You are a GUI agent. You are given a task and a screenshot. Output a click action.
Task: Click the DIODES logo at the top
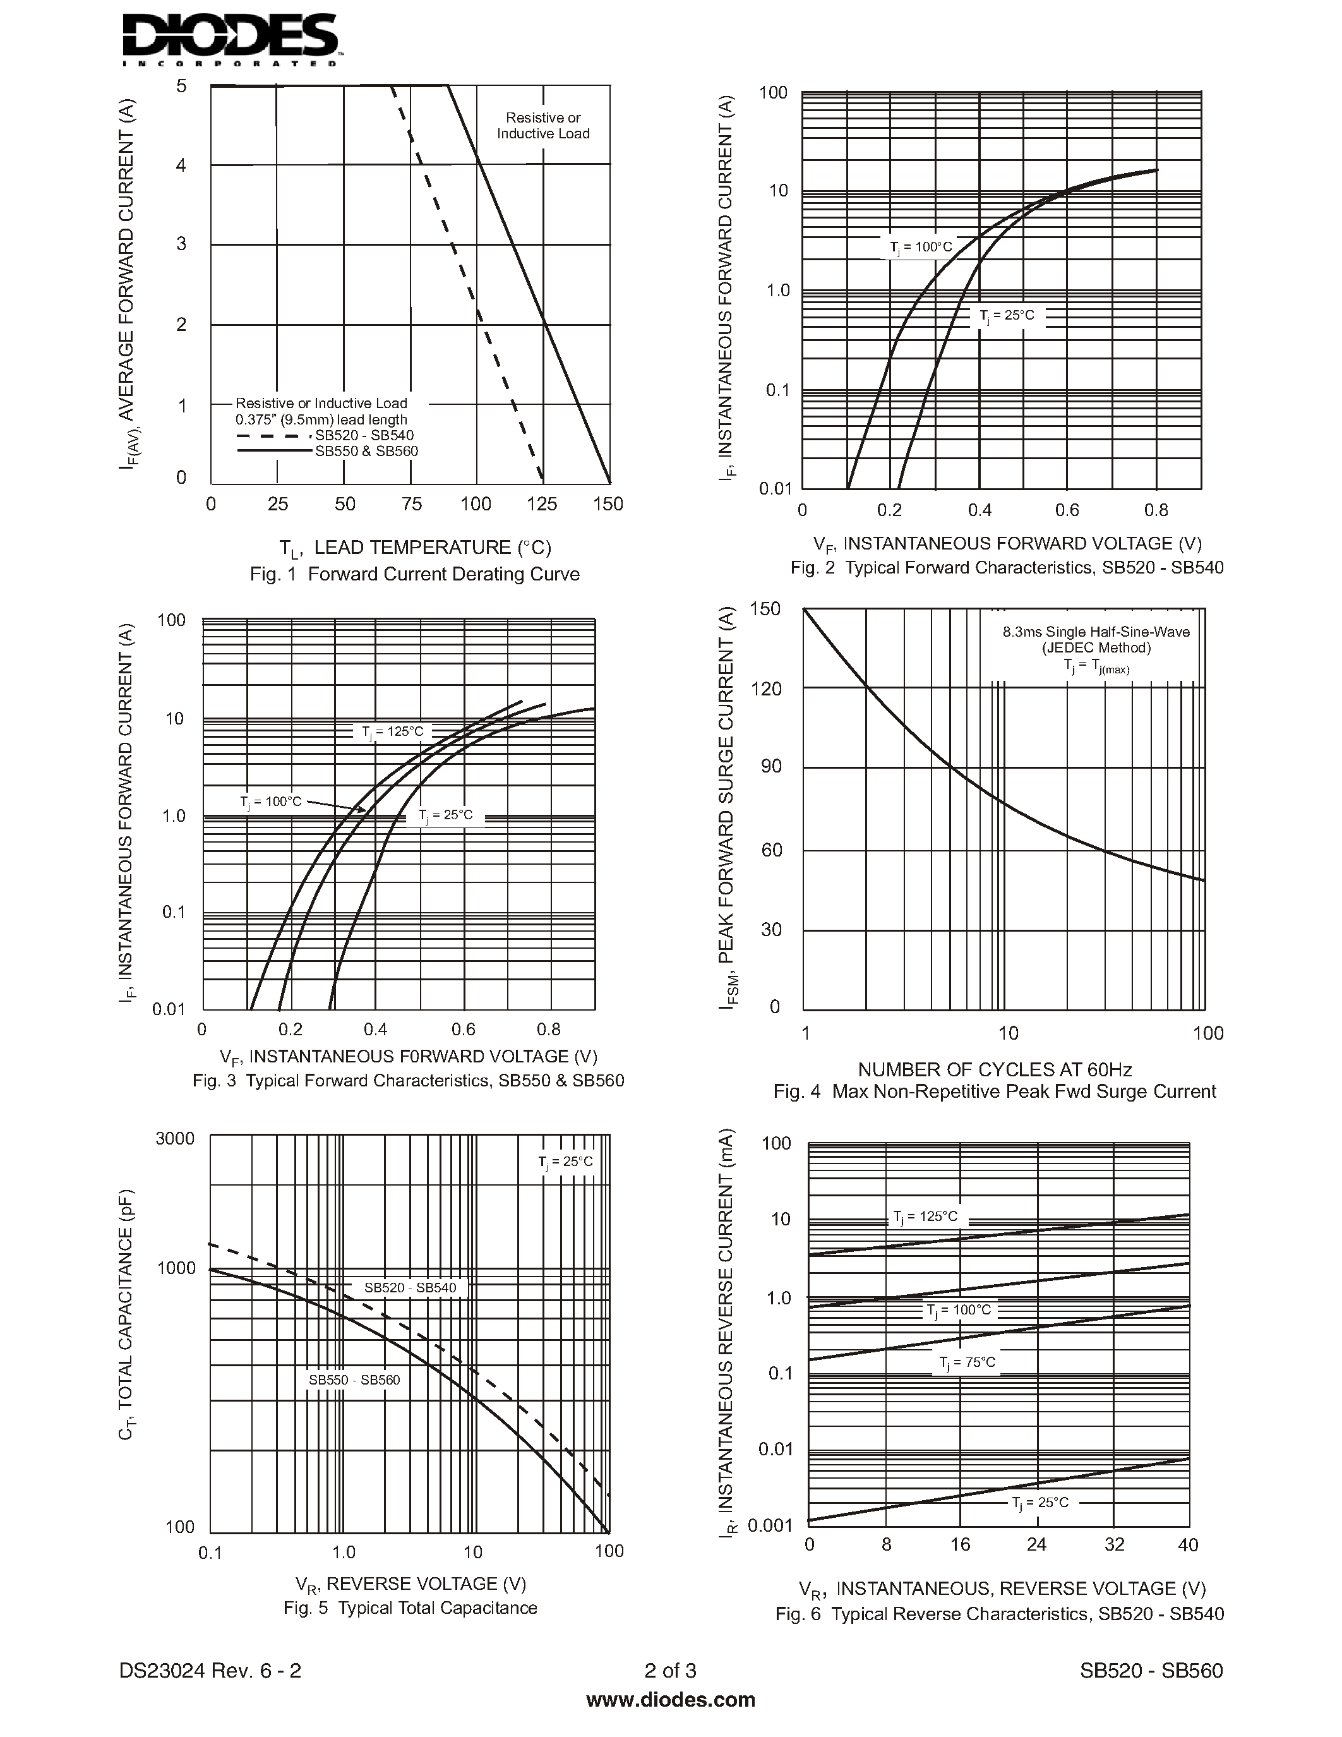(x=231, y=40)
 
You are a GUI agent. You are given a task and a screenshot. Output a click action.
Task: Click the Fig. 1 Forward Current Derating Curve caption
(x=414, y=574)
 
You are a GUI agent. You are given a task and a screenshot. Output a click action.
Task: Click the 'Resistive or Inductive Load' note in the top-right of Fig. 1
(x=543, y=126)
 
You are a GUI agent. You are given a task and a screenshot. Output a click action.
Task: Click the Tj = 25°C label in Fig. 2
(x=1007, y=316)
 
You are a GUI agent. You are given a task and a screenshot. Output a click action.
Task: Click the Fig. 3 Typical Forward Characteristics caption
(x=408, y=1081)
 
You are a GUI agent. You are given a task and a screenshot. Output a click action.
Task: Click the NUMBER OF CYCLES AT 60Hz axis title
(x=995, y=1070)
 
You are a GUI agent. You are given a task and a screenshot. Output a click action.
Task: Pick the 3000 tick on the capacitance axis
(x=175, y=1138)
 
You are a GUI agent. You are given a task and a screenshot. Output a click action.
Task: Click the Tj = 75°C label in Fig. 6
(x=967, y=1362)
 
